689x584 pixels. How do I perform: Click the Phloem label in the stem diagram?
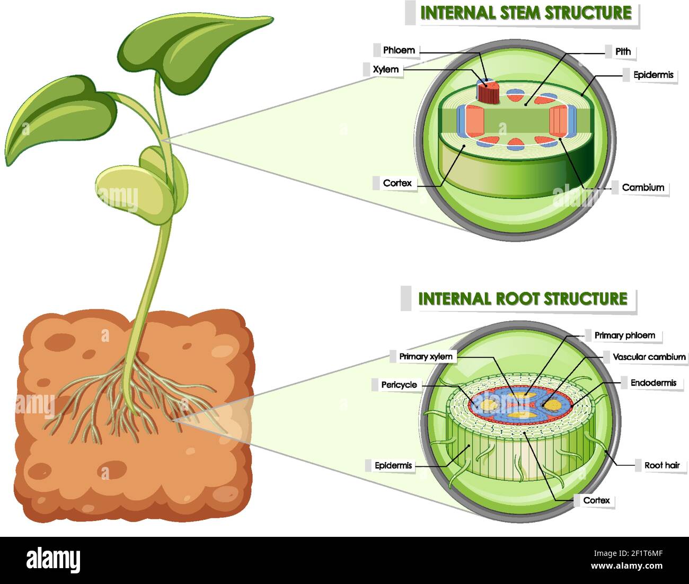point(399,50)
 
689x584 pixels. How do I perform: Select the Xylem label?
point(385,69)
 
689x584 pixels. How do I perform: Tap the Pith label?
point(623,51)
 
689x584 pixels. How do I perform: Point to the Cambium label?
point(642,188)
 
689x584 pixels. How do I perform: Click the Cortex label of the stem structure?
point(397,183)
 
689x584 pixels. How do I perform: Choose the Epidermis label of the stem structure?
point(653,75)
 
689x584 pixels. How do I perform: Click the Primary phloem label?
point(624,335)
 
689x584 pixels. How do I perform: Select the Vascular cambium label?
point(649,357)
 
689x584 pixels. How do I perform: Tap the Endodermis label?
point(653,383)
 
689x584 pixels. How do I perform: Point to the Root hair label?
point(661,465)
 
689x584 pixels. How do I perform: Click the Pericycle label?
point(399,385)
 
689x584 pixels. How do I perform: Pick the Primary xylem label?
point(426,357)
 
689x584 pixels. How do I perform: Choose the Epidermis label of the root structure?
point(393,466)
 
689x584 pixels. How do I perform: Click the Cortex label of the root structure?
point(596,500)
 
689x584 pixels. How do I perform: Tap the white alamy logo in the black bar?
point(53,560)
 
